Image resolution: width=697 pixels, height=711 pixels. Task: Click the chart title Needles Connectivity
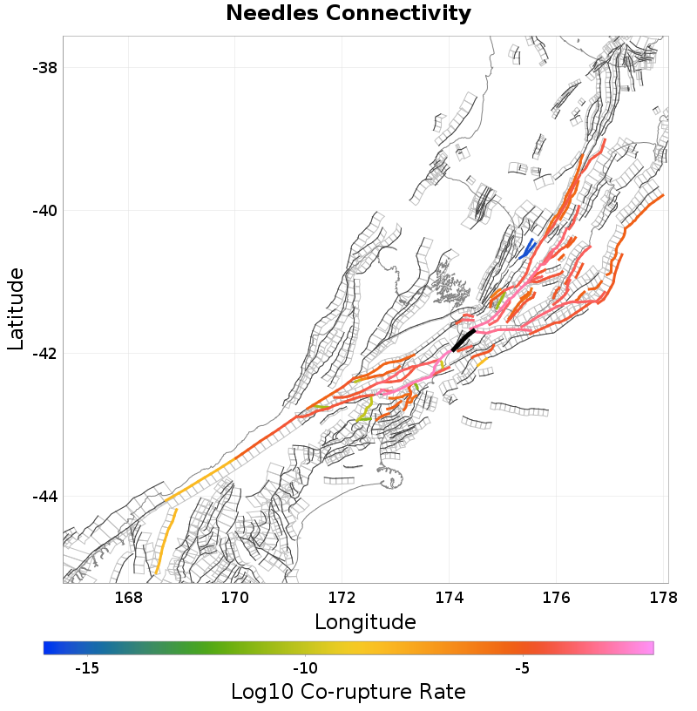coord(348,14)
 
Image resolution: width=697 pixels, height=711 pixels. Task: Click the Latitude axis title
coord(16,309)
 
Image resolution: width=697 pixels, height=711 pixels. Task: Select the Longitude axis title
coord(364,621)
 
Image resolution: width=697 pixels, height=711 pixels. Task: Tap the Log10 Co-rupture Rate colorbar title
coord(348,692)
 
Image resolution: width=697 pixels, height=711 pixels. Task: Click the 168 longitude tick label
coord(128,599)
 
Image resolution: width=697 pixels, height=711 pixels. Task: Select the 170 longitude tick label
coord(235,599)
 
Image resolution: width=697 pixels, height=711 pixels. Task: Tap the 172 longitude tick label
coord(342,599)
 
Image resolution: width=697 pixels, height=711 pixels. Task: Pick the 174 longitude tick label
coord(449,599)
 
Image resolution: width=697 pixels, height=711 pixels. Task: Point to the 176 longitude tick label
coord(556,599)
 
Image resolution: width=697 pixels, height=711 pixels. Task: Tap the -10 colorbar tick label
coord(304,668)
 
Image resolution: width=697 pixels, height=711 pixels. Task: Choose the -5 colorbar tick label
coord(521,668)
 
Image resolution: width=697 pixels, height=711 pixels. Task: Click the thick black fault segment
coord(464,339)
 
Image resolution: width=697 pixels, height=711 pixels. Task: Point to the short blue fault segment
coord(527,249)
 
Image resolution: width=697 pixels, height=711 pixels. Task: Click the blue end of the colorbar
coord(49,647)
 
